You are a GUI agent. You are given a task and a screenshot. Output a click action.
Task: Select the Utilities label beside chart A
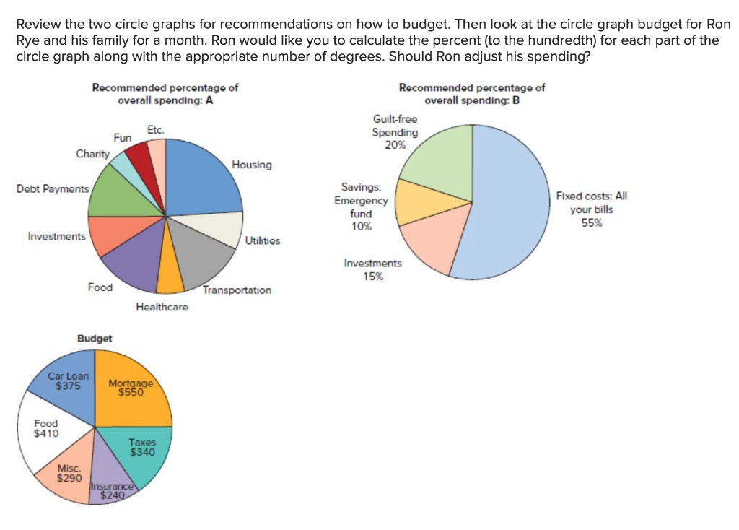263,240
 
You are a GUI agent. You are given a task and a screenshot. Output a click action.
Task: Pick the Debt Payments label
53,188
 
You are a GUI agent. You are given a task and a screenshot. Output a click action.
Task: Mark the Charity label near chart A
93,154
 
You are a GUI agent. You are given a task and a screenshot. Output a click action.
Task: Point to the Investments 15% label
373,269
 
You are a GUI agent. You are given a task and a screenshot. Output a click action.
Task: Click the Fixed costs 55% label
591,209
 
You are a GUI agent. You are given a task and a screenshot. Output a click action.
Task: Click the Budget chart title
95,338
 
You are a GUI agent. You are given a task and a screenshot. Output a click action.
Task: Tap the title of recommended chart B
471,94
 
